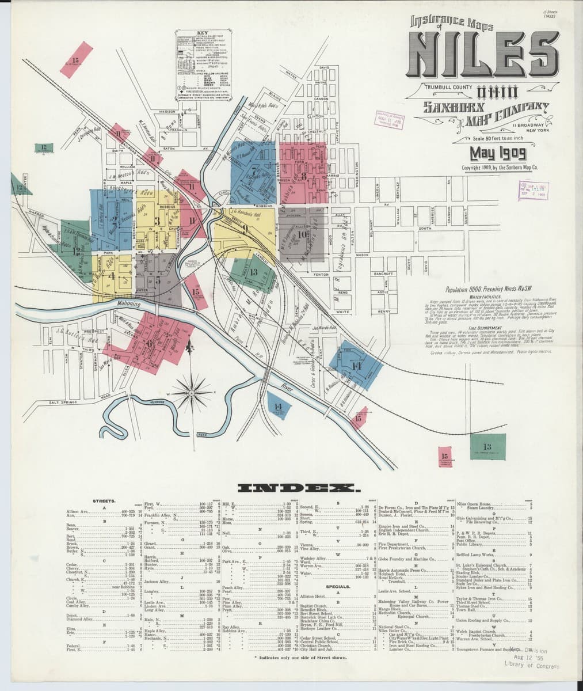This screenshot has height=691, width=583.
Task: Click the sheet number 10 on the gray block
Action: coord(301,234)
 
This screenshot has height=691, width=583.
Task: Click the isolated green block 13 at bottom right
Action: coord(487,447)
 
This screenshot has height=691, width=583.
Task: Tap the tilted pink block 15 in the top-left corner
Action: coord(76,60)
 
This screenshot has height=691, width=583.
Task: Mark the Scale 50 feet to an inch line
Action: coord(500,138)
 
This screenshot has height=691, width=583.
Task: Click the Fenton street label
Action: coord(321,275)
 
